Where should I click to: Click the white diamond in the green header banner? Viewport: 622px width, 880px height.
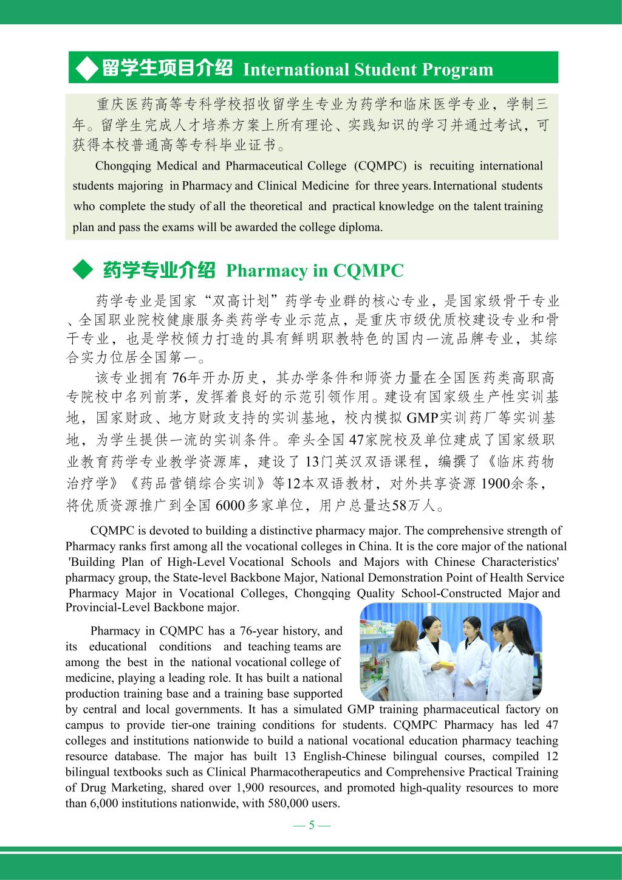coord(86,67)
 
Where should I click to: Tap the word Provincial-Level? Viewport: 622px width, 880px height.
coord(106,607)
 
